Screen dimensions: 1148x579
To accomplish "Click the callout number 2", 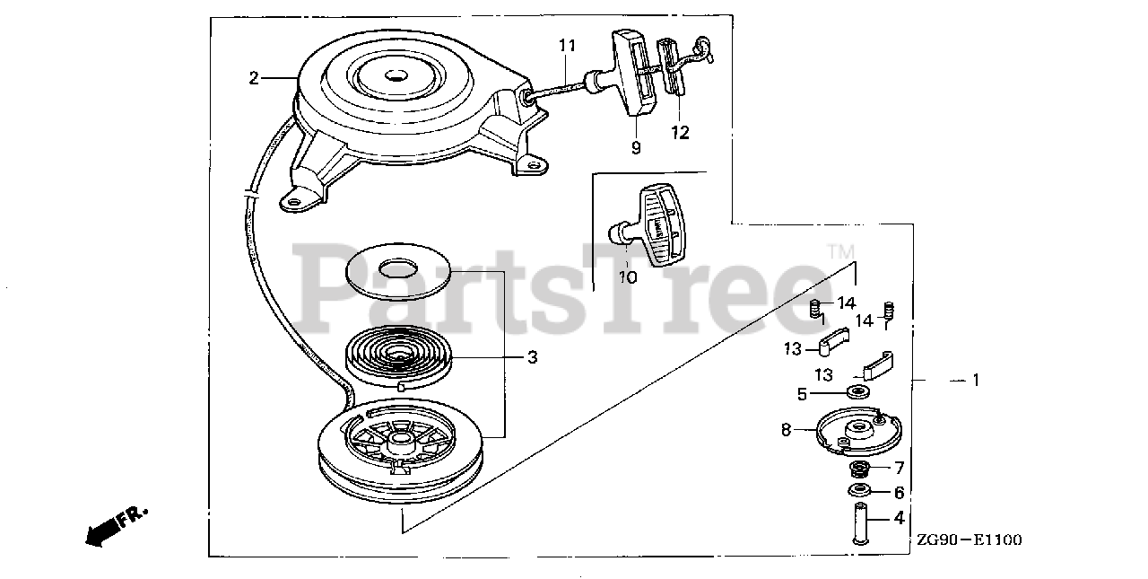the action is coord(254,78).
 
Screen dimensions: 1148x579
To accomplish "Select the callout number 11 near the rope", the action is coord(567,44).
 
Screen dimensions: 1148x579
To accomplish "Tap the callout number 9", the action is coord(636,147).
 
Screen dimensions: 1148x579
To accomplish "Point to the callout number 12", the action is coord(680,132).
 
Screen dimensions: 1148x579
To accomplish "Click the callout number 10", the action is coord(627,277).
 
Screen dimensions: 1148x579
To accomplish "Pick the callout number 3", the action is coord(532,357).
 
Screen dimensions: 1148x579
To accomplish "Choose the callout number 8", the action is coord(787,430).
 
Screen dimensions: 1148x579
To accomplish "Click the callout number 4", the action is coord(899,518).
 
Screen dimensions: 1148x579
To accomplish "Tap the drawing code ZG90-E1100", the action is coord(969,540).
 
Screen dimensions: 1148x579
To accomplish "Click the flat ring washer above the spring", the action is coord(396,269).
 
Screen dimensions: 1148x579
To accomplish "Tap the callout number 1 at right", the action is coord(976,381).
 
